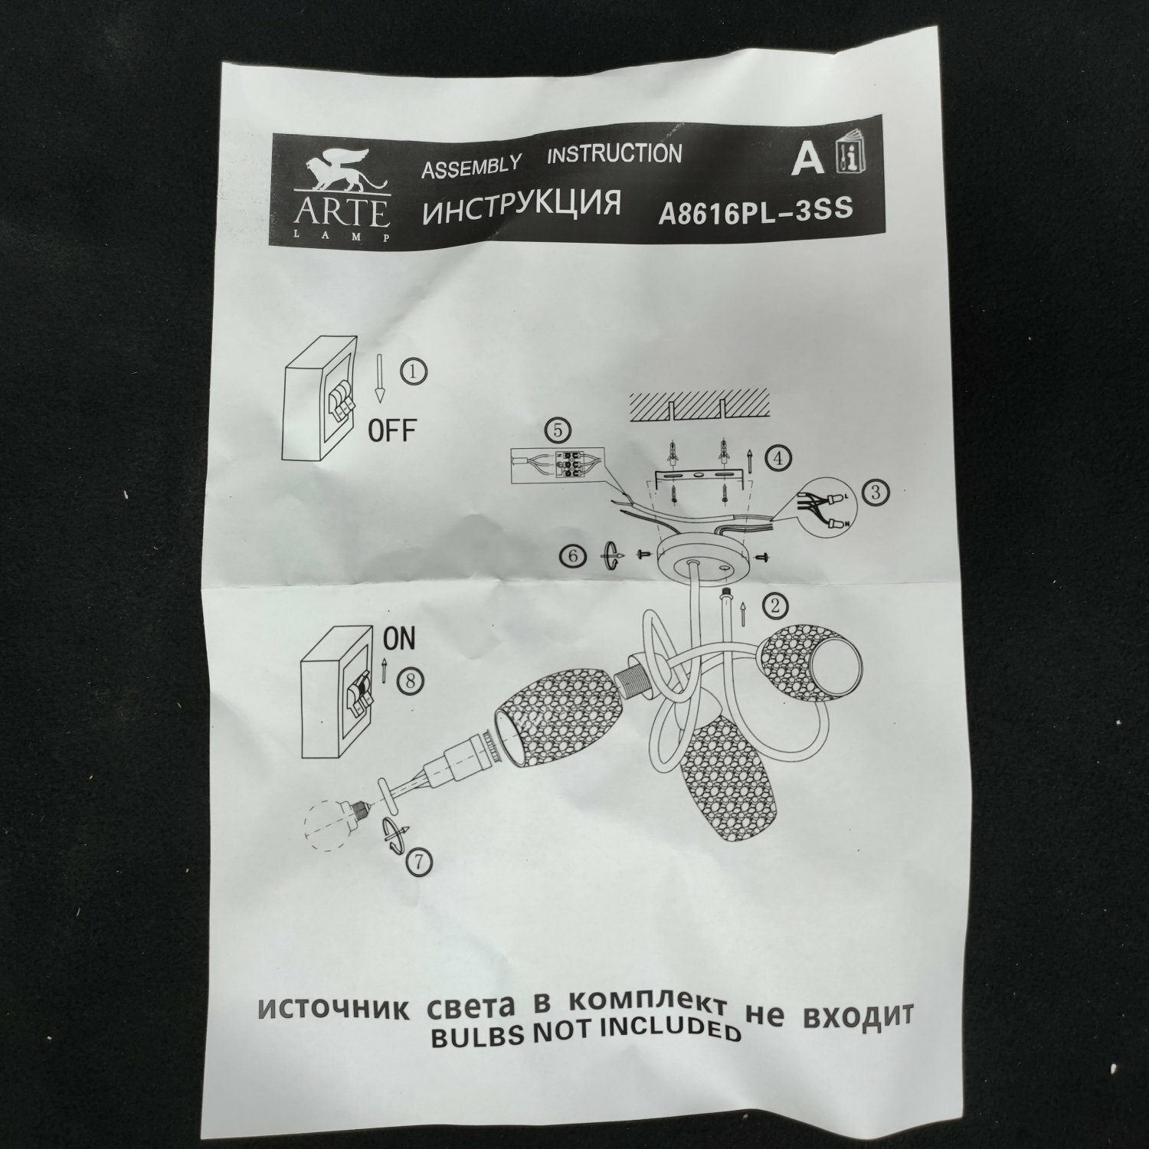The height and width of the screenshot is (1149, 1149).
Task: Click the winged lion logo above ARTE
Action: (x=342, y=176)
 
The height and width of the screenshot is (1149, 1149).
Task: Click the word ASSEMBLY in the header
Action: (x=471, y=166)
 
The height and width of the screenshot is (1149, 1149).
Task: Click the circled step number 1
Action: (x=414, y=372)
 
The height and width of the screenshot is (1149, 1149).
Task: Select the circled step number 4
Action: (x=777, y=458)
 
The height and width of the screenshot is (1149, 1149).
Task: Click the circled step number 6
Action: (x=573, y=556)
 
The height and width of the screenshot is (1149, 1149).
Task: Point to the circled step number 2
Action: (x=774, y=606)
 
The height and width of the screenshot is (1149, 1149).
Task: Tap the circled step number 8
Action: (x=411, y=679)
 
